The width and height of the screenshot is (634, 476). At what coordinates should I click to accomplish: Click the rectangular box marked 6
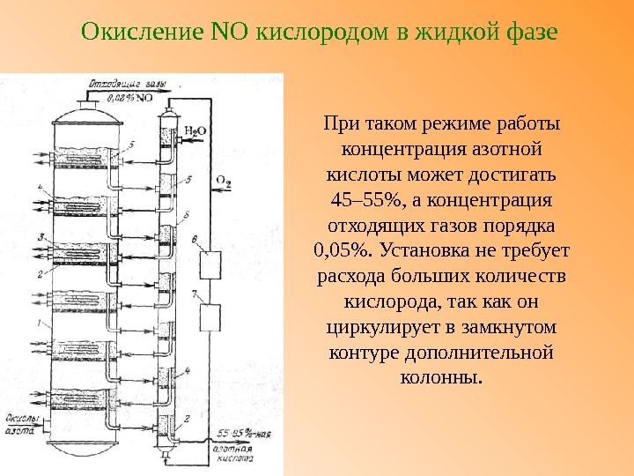[210, 263]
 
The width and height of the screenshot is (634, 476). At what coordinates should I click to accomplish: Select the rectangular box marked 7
[210, 316]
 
